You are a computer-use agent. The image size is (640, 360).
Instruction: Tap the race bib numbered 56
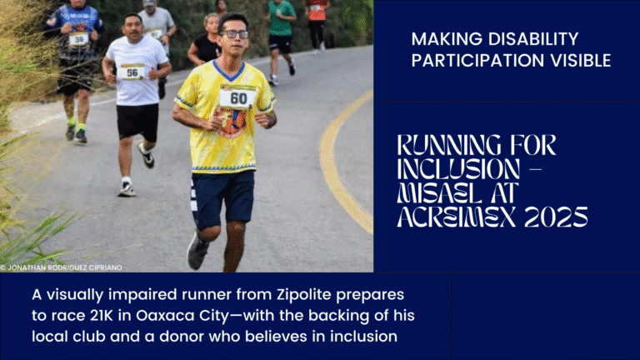(132, 72)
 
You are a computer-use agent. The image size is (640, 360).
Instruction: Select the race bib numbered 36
(78, 38)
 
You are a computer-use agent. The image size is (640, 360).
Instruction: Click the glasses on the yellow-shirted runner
(236, 34)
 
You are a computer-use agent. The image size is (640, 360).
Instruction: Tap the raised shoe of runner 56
(146, 155)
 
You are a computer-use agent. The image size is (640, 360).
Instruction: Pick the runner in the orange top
(317, 21)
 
